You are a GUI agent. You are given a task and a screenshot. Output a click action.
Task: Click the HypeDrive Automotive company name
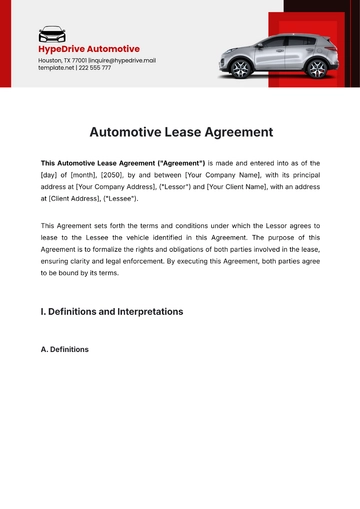(x=89, y=49)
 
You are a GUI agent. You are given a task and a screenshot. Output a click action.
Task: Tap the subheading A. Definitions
(x=64, y=349)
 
